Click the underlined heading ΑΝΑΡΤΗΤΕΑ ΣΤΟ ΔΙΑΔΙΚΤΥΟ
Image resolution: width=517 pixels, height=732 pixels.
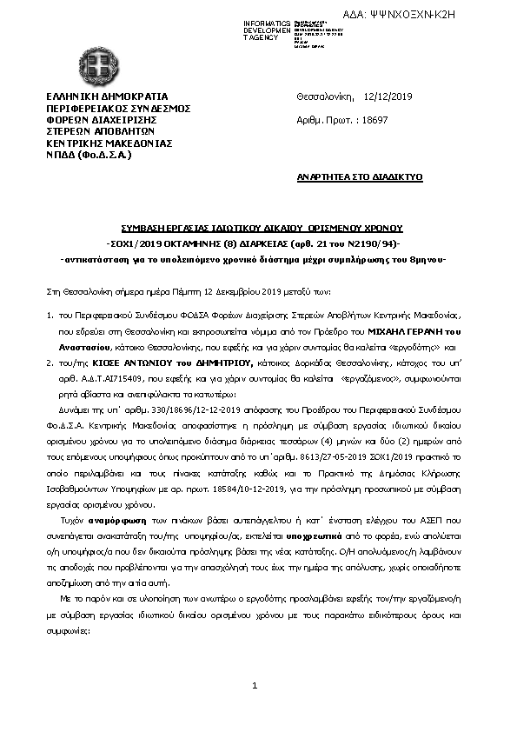tap(359, 176)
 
